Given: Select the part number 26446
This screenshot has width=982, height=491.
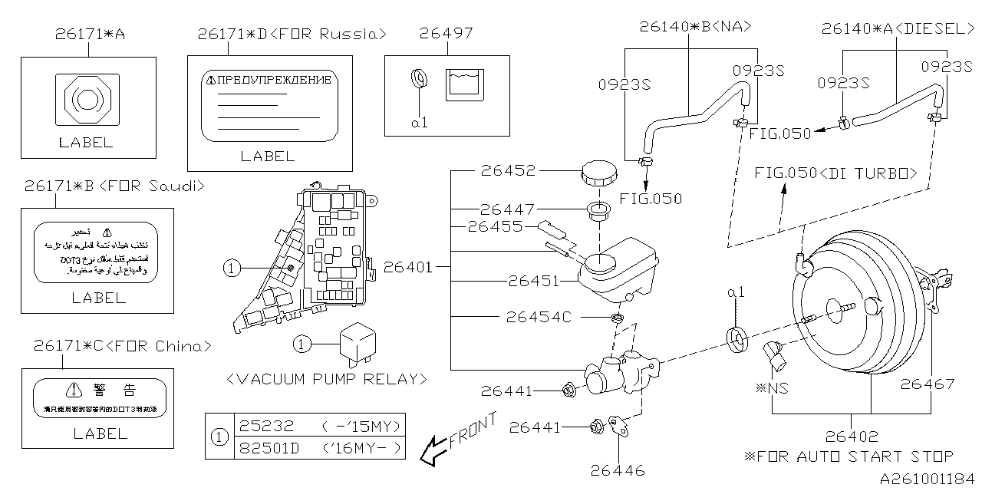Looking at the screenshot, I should click(x=618, y=470).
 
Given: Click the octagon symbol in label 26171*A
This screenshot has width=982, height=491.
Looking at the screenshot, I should click(x=86, y=99).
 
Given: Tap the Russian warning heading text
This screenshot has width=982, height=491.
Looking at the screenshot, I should click(x=268, y=80).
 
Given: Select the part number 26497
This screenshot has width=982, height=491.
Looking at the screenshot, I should click(x=447, y=33).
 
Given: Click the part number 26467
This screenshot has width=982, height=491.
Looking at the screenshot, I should click(x=928, y=384).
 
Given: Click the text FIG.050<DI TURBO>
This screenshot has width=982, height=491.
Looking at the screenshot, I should click(x=835, y=173).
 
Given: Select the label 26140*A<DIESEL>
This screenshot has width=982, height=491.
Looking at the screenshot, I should click(x=897, y=29).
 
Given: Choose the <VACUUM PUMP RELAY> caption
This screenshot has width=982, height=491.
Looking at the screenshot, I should click(x=327, y=378).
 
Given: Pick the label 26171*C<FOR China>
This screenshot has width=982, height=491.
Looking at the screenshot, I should click(x=122, y=346).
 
